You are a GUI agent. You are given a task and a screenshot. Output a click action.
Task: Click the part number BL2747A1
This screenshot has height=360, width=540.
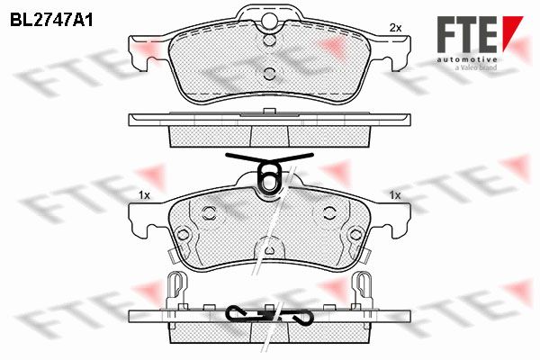point(51,21)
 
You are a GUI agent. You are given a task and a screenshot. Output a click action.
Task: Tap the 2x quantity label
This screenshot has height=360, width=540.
point(395,28)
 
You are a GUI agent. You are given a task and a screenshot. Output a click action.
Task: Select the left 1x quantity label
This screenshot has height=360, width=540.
point(144,195)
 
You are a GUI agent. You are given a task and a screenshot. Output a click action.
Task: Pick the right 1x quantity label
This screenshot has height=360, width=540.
point(395,195)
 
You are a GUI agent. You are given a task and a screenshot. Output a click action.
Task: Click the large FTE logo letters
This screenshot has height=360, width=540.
point(467,34)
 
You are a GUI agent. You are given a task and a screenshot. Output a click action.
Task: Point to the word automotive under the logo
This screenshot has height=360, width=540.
point(467,60)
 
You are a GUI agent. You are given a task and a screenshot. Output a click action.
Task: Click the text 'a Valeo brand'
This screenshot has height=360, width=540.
point(476,67)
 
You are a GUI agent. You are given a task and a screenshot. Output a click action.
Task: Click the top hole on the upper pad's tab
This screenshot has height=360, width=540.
point(269,20)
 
